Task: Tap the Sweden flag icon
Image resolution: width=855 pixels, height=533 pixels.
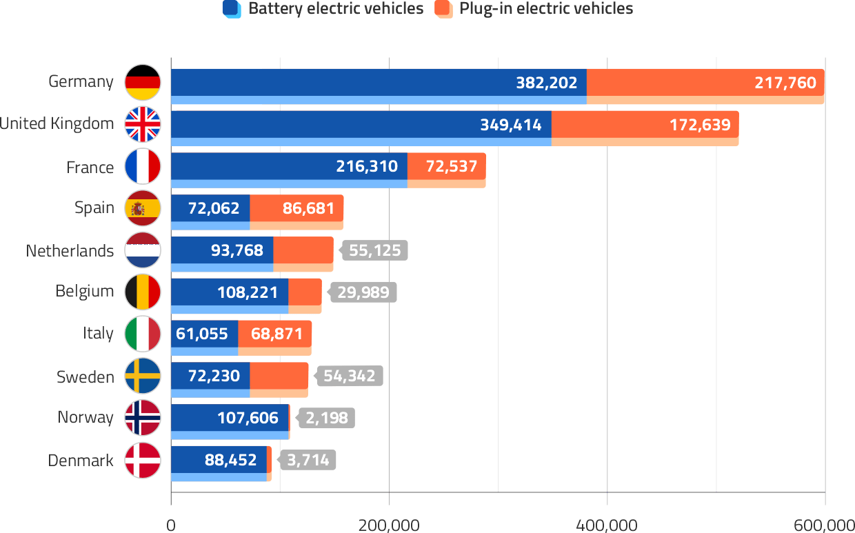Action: pyautogui.click(x=143, y=376)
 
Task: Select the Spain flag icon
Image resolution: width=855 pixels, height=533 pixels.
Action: pyautogui.click(x=143, y=208)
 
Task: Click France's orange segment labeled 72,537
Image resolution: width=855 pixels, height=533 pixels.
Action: pyautogui.click(x=447, y=167)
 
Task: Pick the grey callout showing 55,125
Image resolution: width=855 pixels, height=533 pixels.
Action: pyautogui.click(x=374, y=250)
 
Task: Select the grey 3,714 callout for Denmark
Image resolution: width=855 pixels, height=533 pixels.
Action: pyautogui.click(x=308, y=460)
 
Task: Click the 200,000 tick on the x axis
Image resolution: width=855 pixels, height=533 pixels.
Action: pyautogui.click(x=389, y=525)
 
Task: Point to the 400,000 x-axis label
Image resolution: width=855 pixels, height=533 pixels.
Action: pyautogui.click(x=607, y=525)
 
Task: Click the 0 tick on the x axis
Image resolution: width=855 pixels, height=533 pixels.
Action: pyautogui.click(x=171, y=525)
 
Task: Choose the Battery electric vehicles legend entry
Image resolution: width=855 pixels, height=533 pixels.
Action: pyautogui.click(x=323, y=9)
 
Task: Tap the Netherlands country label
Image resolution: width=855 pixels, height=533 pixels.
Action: pyautogui.click(x=70, y=250)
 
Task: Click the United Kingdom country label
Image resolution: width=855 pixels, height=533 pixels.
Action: pyautogui.click(x=57, y=124)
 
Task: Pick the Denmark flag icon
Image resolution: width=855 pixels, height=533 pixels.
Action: pyautogui.click(x=143, y=461)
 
